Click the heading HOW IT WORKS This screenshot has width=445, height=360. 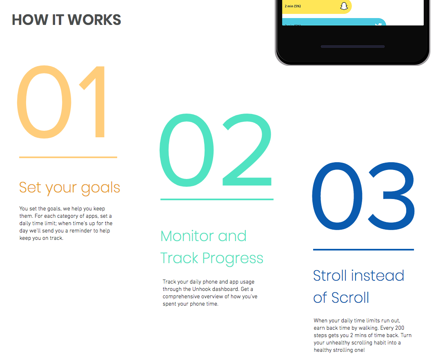[x=66, y=20]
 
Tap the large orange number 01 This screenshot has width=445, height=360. [x=63, y=102]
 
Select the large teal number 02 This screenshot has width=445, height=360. [x=216, y=150]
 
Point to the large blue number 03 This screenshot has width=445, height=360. [x=363, y=199]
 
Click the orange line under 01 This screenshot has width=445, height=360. [x=68, y=157]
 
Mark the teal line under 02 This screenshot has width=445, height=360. [x=217, y=199]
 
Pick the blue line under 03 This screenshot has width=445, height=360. [x=363, y=249]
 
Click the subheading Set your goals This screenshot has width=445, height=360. [x=69, y=188]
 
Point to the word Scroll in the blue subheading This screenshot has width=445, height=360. [x=350, y=297]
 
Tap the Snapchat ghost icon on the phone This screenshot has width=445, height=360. [x=344, y=6]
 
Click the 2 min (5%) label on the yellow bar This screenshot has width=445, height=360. [x=293, y=6]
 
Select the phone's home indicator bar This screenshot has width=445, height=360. [x=353, y=47]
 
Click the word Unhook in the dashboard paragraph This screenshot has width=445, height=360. [x=202, y=289]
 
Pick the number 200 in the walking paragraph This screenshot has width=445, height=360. [x=400, y=328]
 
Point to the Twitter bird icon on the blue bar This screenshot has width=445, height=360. [x=379, y=25]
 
